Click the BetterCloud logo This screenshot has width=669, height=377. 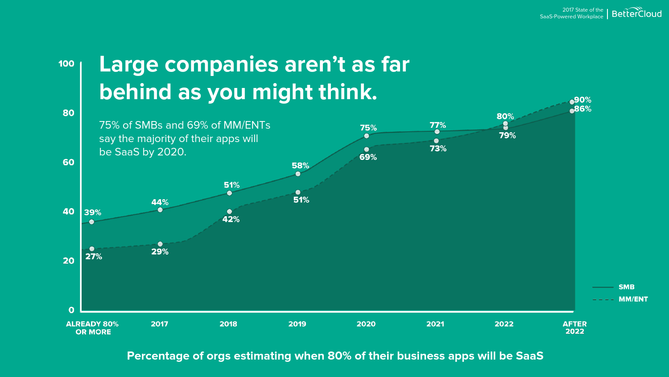click(x=636, y=13)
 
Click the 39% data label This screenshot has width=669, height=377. click(x=93, y=213)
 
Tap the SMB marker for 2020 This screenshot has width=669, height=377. click(x=367, y=136)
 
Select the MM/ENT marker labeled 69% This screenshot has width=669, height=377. click(x=367, y=150)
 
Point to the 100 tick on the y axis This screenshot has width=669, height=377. click(x=66, y=64)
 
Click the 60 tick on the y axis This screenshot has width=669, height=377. click(x=68, y=162)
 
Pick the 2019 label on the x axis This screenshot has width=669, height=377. click(x=297, y=324)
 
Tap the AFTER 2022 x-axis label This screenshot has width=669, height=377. click(x=574, y=327)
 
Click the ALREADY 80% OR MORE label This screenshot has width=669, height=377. click(x=93, y=328)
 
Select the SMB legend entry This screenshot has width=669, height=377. click(x=626, y=287)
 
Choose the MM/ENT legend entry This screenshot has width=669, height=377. click(x=633, y=299)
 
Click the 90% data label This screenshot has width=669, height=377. click(x=583, y=100)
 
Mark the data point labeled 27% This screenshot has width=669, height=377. click(x=92, y=249)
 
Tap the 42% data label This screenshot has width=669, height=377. click(x=231, y=219)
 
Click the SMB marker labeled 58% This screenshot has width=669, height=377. click(x=298, y=174)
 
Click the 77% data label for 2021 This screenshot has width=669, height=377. click(x=438, y=125)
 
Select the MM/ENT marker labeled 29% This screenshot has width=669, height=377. click(x=160, y=244)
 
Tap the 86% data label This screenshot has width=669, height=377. click(x=583, y=109)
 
